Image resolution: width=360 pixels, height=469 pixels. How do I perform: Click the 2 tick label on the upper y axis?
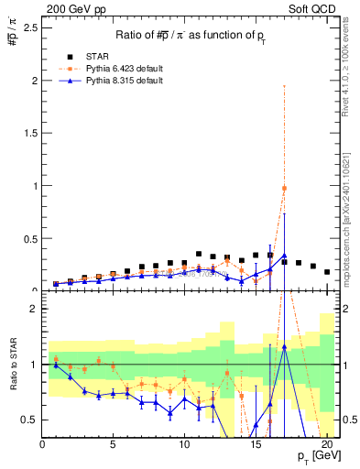pyautogui.click(x=34, y=81)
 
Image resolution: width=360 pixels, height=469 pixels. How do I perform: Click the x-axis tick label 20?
pyautogui.click(x=327, y=446)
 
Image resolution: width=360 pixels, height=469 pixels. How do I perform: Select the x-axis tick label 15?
pyautogui.click(x=256, y=446)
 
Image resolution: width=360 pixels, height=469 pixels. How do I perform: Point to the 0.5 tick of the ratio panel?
pyautogui.click(x=30, y=420)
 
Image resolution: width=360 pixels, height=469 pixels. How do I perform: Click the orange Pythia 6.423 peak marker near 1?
pyautogui.click(x=285, y=188)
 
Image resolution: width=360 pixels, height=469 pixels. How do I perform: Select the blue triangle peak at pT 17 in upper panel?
pyautogui.click(x=285, y=256)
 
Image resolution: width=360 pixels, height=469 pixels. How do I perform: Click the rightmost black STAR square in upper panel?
pyautogui.click(x=327, y=272)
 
